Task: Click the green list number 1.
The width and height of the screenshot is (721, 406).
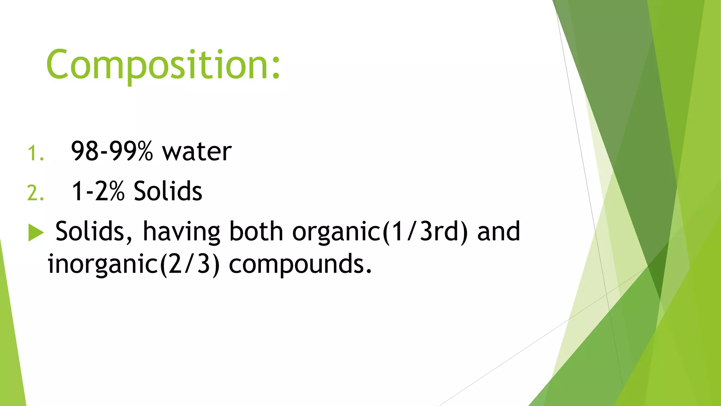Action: click(35, 154)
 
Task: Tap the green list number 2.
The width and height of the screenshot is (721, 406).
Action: click(35, 193)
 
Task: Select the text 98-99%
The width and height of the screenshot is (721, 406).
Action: click(112, 152)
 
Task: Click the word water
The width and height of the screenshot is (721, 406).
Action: click(196, 152)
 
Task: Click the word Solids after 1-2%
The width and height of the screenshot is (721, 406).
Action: click(168, 191)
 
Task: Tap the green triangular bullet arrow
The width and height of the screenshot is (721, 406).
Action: click(36, 233)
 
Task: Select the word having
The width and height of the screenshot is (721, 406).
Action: click(181, 233)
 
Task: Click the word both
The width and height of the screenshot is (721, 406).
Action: click(256, 232)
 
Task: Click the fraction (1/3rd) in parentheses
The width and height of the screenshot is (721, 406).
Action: click(425, 232)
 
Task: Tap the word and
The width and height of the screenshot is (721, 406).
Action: click(499, 232)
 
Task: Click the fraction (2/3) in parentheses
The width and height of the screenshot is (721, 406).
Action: click(190, 264)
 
